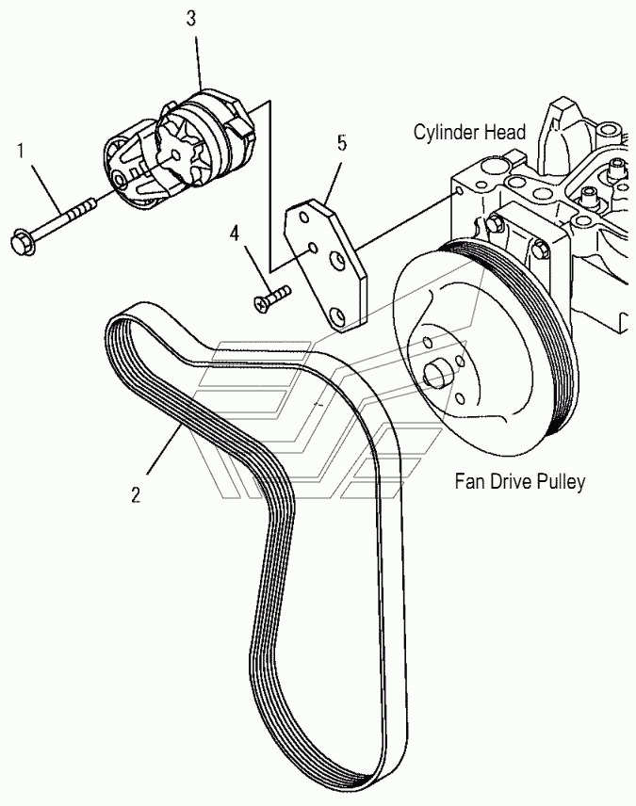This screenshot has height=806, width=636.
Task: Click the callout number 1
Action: (x=21, y=153)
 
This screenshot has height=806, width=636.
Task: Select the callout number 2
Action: (x=136, y=495)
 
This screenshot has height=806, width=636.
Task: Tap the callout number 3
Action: (x=191, y=19)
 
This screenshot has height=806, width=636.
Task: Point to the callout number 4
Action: (x=234, y=234)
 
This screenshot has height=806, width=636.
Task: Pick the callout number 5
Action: (x=343, y=143)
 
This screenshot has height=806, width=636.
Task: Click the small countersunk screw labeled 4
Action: (x=272, y=298)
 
